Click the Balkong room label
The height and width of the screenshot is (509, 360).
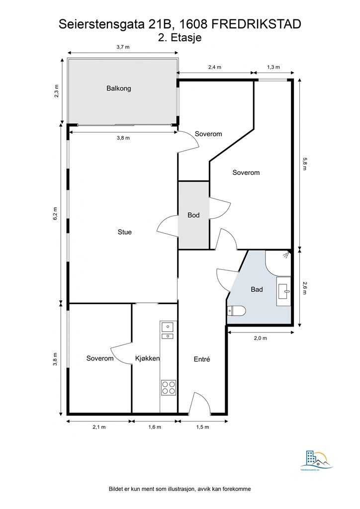click(x=118, y=88)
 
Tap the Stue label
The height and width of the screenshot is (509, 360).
click(x=124, y=232)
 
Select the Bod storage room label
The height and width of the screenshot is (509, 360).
click(x=193, y=215)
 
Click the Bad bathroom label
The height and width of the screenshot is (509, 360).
click(x=257, y=289)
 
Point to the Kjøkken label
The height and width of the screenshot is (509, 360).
click(x=147, y=358)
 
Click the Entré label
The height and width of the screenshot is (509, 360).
click(x=201, y=358)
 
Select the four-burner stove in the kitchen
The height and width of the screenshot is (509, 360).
click(x=168, y=387)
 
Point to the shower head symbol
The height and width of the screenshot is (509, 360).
click(x=285, y=254)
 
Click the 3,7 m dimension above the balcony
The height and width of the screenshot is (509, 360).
click(x=123, y=47)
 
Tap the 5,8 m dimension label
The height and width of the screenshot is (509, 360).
click(x=305, y=165)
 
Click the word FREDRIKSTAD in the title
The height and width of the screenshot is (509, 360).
click(x=257, y=23)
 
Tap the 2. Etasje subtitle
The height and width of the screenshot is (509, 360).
click(x=180, y=37)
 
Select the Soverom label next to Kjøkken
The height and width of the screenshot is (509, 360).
click(x=100, y=358)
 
